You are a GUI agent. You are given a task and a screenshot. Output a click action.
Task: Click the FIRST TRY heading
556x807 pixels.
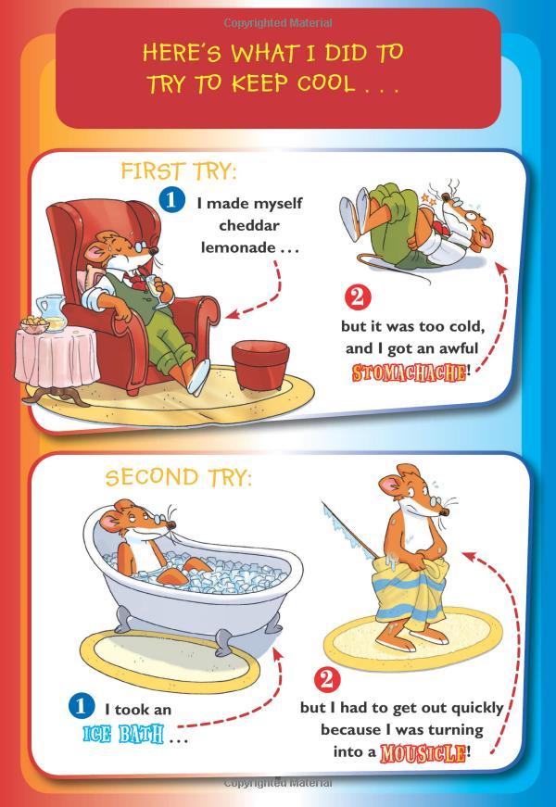click(179, 172)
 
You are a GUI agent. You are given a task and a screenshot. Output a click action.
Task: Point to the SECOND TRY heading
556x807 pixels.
click(178, 478)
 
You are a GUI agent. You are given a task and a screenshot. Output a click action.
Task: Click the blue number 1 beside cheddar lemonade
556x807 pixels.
click(171, 200)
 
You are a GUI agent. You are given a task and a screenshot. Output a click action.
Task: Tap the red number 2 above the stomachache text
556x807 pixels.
click(358, 298)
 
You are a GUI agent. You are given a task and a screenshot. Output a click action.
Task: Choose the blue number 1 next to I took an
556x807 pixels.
click(82, 707)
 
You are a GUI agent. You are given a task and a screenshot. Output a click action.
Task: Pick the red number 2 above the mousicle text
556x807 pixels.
click(328, 680)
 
